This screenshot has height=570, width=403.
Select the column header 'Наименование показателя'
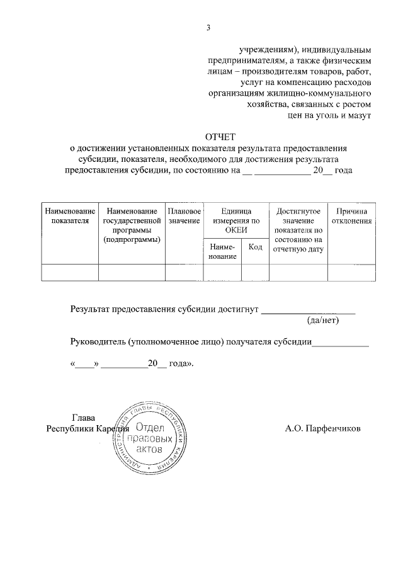(69, 215)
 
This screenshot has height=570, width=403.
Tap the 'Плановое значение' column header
(184, 215)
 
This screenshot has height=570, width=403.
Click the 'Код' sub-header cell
(255, 247)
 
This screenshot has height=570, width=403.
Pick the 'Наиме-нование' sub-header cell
(222, 251)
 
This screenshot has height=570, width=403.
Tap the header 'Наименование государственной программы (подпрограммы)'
(132, 225)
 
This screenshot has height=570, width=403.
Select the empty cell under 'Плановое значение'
(184, 272)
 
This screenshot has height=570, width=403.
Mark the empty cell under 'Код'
(255, 272)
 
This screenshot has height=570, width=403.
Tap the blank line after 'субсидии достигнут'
(308, 311)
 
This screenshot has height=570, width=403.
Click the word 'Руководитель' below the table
(97, 343)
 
